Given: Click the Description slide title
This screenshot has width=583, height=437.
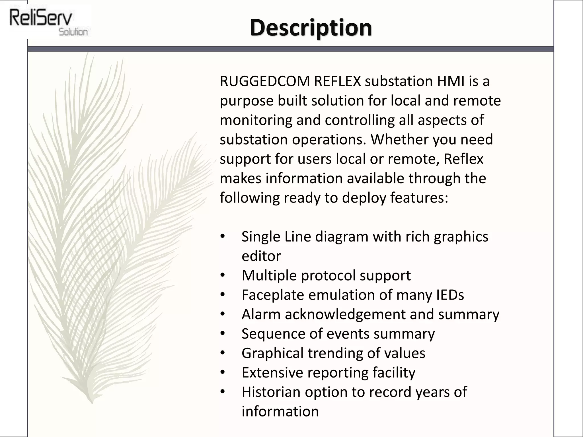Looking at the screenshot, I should [x=311, y=28].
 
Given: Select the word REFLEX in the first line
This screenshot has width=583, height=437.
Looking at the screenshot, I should [x=337, y=81].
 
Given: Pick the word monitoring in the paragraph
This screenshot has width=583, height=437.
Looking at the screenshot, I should [x=256, y=120].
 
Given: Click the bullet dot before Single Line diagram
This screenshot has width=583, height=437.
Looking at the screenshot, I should [x=223, y=236].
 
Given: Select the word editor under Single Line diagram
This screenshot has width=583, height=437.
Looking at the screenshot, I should [x=261, y=256].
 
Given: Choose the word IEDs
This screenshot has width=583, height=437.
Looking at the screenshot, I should [x=450, y=295].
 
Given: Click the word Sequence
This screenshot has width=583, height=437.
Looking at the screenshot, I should [x=273, y=334].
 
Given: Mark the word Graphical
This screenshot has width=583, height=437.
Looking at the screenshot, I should [x=272, y=353].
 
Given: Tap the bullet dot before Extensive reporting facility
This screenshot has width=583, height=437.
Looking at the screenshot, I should [x=223, y=372].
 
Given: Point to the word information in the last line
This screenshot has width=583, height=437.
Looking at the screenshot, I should [x=280, y=411].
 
